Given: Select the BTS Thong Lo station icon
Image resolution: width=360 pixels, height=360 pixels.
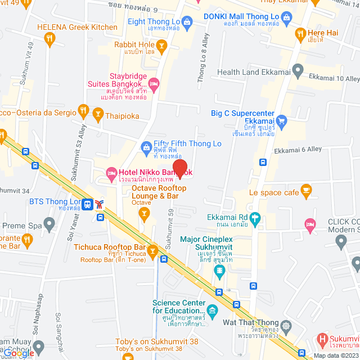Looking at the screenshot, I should tap(87, 204).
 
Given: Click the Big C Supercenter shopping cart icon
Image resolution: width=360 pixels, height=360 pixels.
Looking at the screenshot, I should tap(282, 120).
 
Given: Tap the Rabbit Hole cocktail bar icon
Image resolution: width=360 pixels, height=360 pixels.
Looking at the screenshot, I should tap(161, 45).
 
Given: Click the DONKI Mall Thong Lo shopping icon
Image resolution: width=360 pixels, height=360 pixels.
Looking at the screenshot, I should tap(288, 19).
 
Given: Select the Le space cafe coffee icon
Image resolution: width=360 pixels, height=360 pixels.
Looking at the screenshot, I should tap(307, 193).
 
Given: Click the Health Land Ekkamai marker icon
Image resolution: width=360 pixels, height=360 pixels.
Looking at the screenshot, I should tap(298, 71).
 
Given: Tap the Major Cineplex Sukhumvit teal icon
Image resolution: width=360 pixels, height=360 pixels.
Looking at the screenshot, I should tap(218, 272).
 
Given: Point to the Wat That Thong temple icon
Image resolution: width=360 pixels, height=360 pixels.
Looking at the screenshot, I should tap(287, 326).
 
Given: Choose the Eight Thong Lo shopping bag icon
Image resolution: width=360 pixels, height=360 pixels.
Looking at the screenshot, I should tap(187, 21).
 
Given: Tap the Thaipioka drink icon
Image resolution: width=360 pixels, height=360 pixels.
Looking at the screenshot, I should tap(99, 116).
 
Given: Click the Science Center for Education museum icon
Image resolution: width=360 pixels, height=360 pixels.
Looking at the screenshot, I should tap(212, 310).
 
